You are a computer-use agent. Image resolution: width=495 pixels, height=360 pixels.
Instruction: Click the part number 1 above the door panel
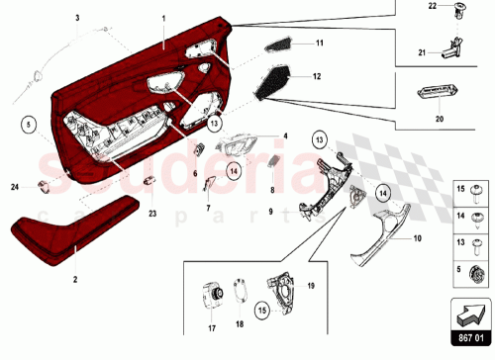click(x=163, y=20)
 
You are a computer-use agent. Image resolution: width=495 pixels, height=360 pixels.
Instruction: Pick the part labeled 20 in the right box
click(x=436, y=93)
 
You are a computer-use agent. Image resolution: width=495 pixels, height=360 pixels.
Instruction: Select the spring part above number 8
click(x=273, y=163)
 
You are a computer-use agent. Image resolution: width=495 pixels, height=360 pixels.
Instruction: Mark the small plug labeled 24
click(x=45, y=184)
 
